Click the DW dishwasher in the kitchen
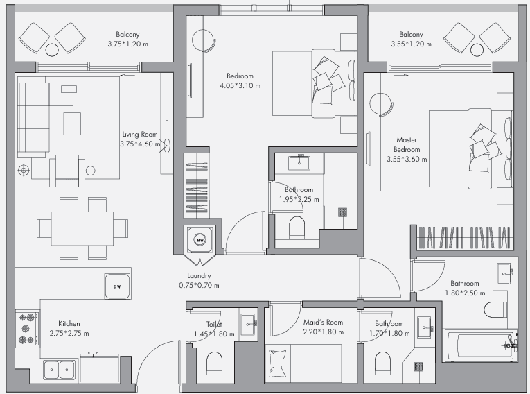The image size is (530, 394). coord(117,286)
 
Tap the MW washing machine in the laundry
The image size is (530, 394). coord(200,239)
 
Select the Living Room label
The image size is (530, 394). coord(140,135)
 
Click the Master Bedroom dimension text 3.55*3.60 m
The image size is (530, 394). coord(407,159)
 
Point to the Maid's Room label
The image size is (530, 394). coord(323,323)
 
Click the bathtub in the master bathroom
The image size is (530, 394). coord(480,345)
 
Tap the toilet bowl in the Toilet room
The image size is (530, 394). coord(214,363)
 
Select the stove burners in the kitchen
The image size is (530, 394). coord(27,329)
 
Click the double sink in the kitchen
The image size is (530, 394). coord(60,370)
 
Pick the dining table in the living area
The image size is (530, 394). coord(82,228)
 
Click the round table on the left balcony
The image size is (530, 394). coord(52,50)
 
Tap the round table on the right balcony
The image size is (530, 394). coord(477,50)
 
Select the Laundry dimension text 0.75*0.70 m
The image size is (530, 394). coord(199,286)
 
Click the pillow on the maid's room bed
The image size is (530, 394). coord(278,363)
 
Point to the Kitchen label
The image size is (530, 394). coord(69,324)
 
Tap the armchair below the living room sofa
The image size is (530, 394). coord(67,171)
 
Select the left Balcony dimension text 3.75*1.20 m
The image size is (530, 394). coord(127,44)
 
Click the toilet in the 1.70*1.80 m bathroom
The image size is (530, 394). coord(382,363)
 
